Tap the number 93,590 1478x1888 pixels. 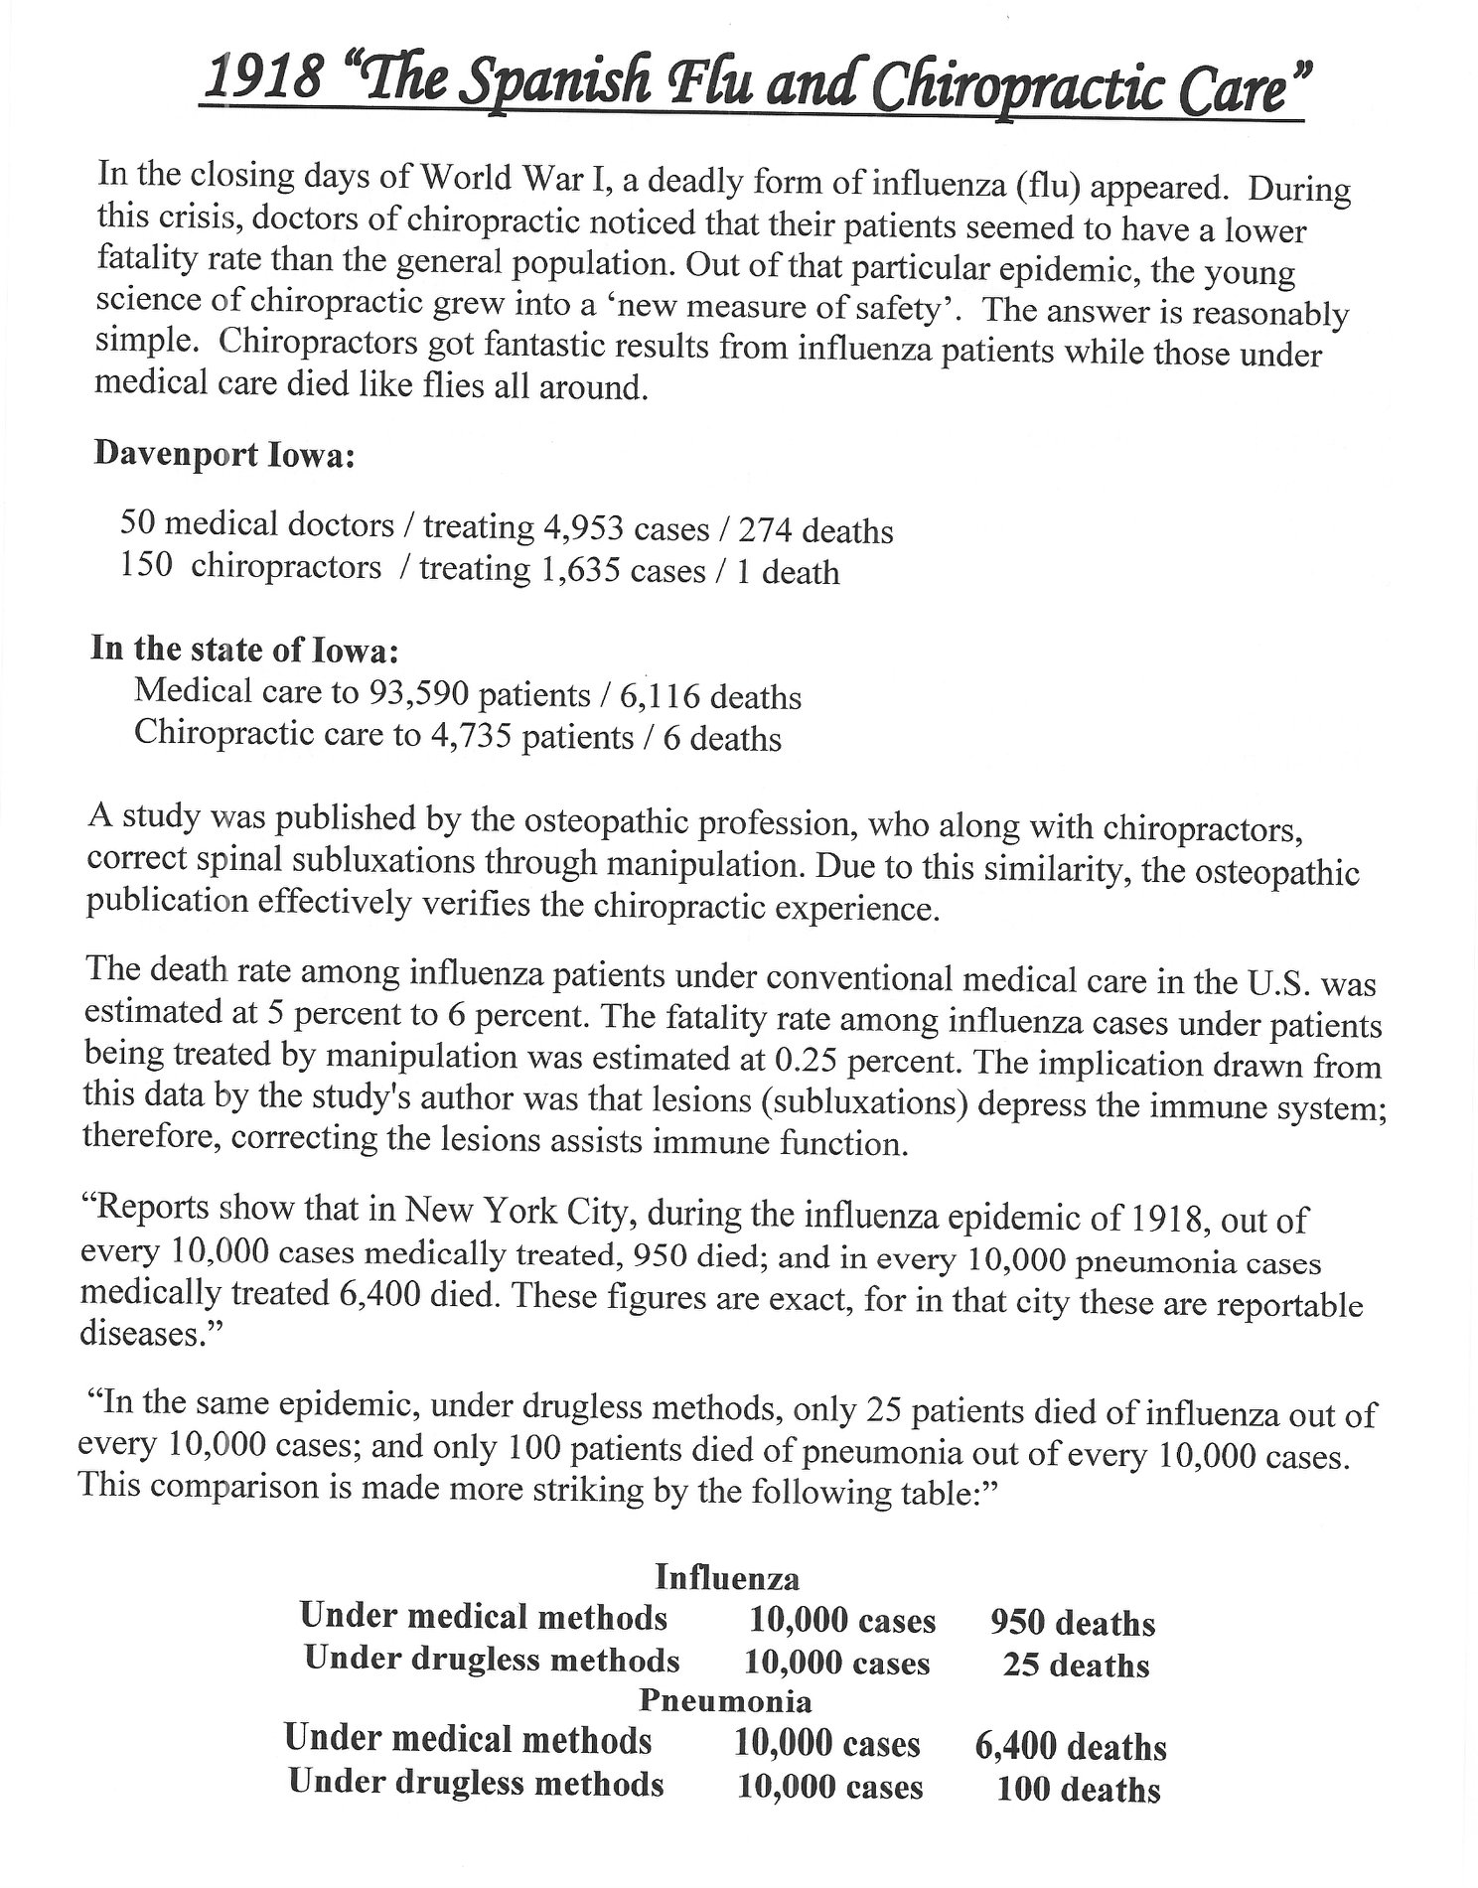417,693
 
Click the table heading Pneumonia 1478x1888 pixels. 725,1701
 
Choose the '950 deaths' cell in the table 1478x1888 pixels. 1073,1623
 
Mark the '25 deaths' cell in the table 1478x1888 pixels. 1076,1665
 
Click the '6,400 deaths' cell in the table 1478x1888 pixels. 1071,1747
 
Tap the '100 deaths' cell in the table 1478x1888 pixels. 1078,1790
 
